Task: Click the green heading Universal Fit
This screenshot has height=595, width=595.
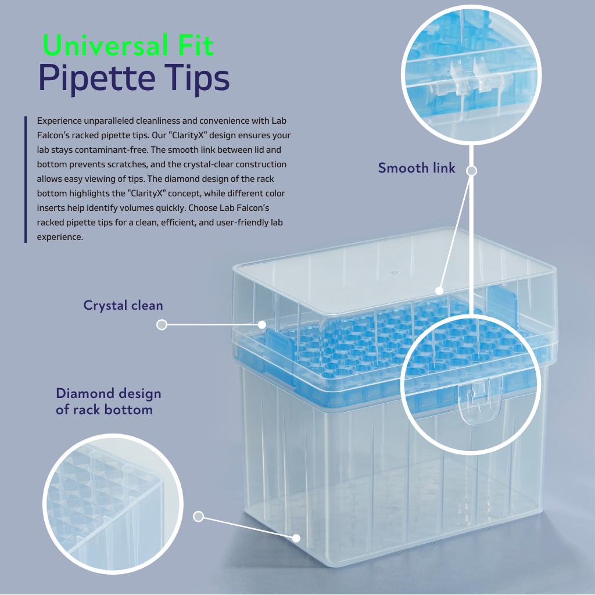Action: (128, 45)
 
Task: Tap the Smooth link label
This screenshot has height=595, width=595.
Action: (417, 168)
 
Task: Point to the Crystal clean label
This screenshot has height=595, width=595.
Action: (123, 305)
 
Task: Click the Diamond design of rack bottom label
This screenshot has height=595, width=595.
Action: (108, 402)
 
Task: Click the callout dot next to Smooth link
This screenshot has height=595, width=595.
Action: (472, 171)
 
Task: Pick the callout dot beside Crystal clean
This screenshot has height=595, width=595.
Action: (162, 325)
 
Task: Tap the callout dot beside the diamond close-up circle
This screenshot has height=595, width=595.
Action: (198, 517)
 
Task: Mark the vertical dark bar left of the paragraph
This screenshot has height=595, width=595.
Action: (26, 179)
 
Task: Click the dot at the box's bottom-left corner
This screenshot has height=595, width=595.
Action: (296, 538)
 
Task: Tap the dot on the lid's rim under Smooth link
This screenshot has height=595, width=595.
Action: (439, 291)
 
